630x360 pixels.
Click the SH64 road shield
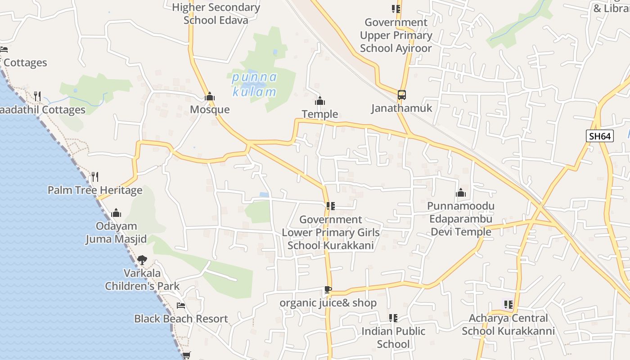coord(600,136)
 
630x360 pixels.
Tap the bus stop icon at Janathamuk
coord(401,95)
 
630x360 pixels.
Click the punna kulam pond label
coord(254,85)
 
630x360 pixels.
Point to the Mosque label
coord(210,109)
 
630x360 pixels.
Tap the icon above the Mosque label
coord(210,96)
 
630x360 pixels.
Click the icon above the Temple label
coord(320,101)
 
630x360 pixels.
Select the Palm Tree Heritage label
coord(95,190)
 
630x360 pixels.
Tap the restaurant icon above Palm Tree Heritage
coord(95,176)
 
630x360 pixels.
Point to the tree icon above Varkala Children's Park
coord(142,260)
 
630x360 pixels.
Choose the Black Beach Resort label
coord(181,319)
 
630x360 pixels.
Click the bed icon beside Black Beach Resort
coord(181,306)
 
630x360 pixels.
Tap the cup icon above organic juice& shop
coord(328,289)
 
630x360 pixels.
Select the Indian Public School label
coord(393,337)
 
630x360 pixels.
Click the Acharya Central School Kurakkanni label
coord(508,324)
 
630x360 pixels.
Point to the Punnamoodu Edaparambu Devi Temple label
coord(461,219)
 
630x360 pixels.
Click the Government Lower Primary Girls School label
coord(331,232)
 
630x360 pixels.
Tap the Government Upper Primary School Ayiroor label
coord(396,35)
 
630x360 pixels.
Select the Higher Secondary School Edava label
coord(216,13)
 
